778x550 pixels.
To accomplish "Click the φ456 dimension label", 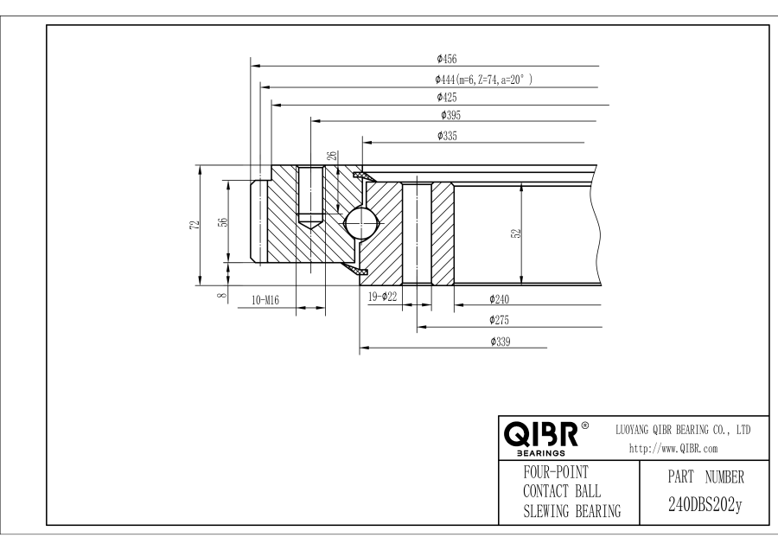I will pyautogui.click(x=447, y=59).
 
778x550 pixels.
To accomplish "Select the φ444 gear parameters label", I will pyautogui.click(x=483, y=79).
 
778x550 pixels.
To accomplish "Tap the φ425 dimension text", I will pyautogui.click(x=448, y=98).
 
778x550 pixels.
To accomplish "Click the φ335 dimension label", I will pyautogui.click(x=448, y=136).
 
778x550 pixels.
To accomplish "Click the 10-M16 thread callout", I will pyautogui.click(x=265, y=300).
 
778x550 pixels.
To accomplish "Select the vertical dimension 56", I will pyautogui.click(x=222, y=221).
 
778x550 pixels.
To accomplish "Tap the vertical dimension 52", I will pyautogui.click(x=515, y=233).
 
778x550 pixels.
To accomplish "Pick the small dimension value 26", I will pyautogui.click(x=329, y=156).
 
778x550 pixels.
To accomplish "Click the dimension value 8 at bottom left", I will pyautogui.click(x=222, y=296).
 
